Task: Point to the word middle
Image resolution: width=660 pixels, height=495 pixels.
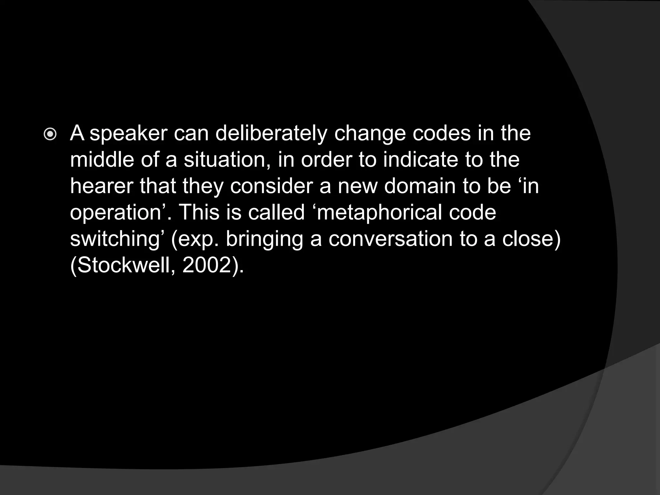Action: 102,160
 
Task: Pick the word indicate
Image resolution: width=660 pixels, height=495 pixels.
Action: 420,160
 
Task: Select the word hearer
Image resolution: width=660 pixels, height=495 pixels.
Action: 102,186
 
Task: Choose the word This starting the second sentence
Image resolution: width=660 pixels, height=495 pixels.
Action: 199,213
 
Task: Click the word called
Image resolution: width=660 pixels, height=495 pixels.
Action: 276,213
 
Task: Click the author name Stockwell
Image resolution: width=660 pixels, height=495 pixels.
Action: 124,266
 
